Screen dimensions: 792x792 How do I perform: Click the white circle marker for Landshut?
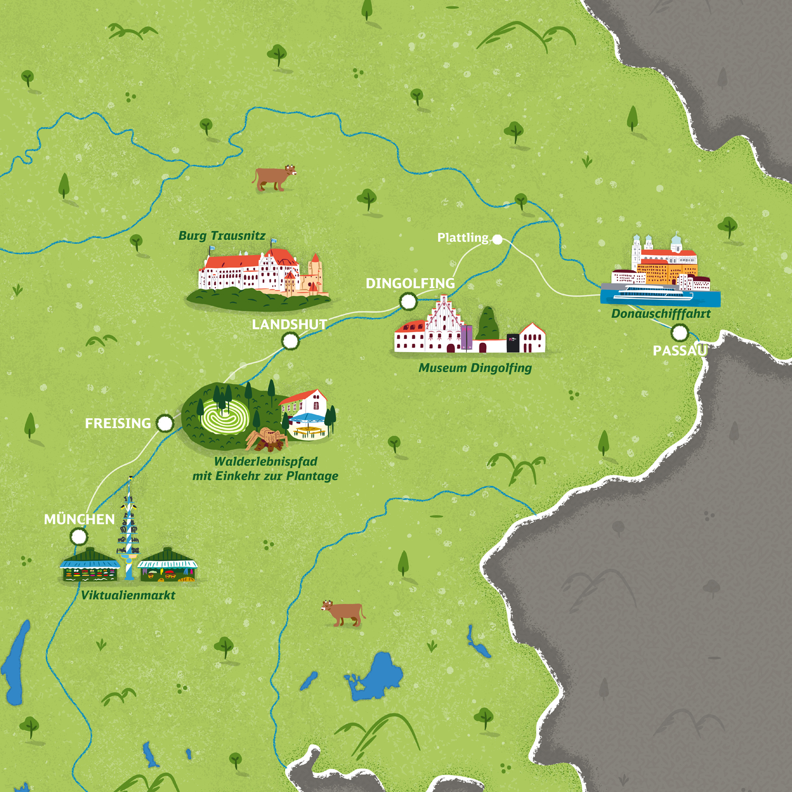click(290, 341)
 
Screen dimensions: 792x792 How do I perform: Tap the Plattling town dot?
click(497, 239)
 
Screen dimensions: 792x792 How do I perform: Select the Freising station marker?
click(165, 423)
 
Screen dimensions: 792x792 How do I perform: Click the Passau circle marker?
click(680, 333)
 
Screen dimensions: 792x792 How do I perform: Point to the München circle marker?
click(79, 537)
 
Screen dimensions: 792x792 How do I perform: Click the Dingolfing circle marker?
click(408, 301)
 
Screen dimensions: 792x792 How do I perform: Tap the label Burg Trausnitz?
click(222, 236)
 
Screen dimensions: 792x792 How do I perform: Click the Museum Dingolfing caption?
click(475, 368)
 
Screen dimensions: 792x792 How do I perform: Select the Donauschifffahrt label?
click(661, 314)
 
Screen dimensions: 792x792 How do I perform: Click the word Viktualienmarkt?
click(128, 596)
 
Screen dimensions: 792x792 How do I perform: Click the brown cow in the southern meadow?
click(344, 613)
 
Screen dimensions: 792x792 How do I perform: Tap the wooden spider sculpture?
click(267, 439)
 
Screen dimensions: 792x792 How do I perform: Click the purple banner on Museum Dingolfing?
click(466, 337)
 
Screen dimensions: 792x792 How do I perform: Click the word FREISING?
click(118, 423)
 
